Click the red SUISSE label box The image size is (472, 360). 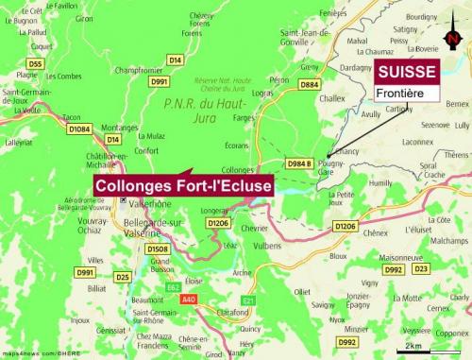407,72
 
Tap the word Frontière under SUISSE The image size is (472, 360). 400,94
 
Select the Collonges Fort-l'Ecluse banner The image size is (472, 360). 184,186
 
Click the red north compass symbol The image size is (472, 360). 454,39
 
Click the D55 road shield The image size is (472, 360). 36,63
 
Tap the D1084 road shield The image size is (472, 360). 80,129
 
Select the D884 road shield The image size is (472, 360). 309,85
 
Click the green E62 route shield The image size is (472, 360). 173,286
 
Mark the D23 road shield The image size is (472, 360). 421,269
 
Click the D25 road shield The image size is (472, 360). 123,277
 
